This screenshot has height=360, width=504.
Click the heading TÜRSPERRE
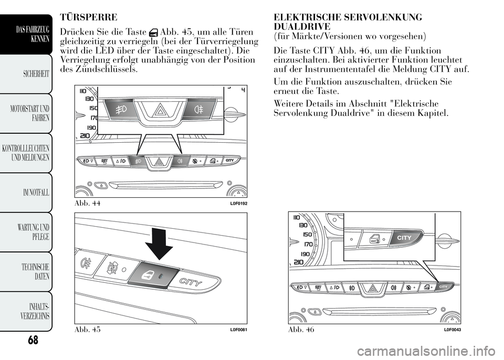coord(89,17)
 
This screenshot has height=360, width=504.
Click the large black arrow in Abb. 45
coord(157,241)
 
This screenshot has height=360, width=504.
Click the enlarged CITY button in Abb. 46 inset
coord(404,237)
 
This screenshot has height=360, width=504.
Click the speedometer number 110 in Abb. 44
coord(82,90)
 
